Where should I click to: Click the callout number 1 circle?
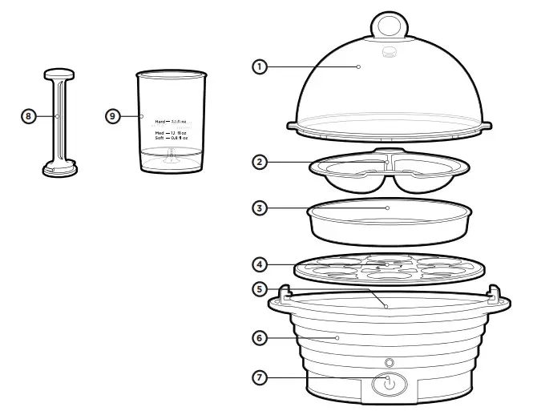[x=260, y=66]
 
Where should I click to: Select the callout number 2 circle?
[x=260, y=162]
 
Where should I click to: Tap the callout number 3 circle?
[x=260, y=207]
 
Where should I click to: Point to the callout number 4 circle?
[x=260, y=263]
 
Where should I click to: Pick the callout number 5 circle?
[x=260, y=288]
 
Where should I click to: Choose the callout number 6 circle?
[x=260, y=338]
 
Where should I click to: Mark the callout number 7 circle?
[x=260, y=377]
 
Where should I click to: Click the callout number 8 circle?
[x=28, y=116]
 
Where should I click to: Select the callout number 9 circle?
[x=113, y=116]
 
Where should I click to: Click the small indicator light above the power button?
[x=388, y=362]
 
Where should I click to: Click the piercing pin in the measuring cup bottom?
[x=170, y=159]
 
